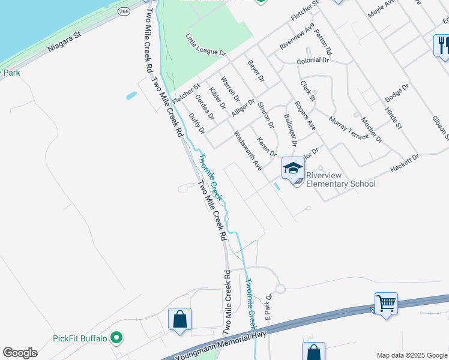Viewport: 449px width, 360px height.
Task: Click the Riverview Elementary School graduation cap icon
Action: click(293, 167)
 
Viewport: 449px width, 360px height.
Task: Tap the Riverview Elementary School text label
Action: click(340, 179)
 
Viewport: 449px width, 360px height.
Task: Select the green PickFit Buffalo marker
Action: click(118, 338)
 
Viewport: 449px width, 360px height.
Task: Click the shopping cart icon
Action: click(386, 303)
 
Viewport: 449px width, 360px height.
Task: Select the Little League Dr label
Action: click(205, 45)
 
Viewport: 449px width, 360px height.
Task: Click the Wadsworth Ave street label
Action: click(247, 151)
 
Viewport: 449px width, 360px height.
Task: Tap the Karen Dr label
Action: click(266, 147)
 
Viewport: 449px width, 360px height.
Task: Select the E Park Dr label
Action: click(269, 307)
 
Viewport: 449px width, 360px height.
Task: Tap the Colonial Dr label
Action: click(313, 61)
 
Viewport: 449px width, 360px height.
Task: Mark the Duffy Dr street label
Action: click(196, 123)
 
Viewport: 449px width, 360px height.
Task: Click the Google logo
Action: click(20, 353)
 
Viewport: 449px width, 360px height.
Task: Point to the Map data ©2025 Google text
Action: click(411, 355)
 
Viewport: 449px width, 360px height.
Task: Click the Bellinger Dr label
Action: click(290, 130)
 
